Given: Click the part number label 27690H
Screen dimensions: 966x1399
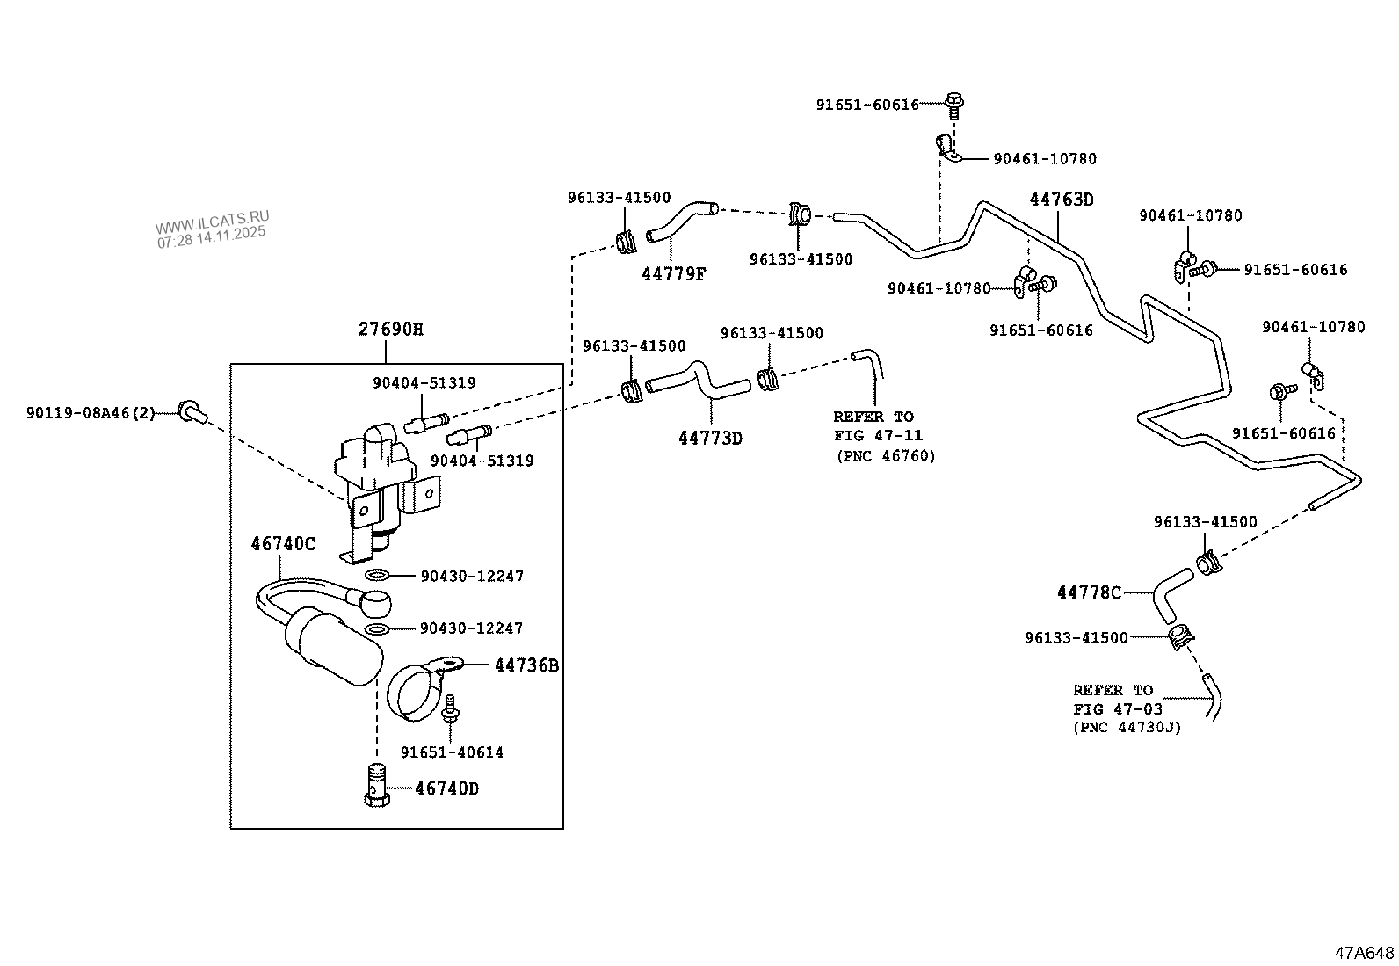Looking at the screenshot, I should coord(390,330).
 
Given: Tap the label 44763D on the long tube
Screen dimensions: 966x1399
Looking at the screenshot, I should coord(1062,200).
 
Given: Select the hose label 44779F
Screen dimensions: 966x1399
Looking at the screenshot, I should coord(673,273).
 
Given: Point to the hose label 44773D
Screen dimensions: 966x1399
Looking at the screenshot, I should coord(710,438).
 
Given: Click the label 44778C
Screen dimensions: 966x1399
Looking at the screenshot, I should coord(1089,593).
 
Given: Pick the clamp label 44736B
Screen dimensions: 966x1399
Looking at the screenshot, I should coord(526,665).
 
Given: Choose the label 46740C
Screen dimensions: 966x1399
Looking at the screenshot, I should coord(283,543).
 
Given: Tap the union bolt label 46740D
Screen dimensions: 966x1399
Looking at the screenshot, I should coord(446,788).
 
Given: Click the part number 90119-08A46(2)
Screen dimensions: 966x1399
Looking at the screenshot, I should coord(91,411).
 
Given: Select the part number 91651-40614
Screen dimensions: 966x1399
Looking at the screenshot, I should coord(452,752).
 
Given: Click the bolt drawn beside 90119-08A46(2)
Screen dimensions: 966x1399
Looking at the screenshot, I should coord(190,410).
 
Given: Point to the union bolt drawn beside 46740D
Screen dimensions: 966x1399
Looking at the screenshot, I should coord(375,784).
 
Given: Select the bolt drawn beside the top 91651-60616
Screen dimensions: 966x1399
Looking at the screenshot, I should coord(954,104).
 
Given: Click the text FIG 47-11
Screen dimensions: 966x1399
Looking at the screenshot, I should coord(878,435).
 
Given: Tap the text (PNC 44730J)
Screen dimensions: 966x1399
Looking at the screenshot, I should coord(1126,727).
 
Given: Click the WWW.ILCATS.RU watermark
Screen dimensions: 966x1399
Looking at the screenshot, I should coord(213,217).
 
